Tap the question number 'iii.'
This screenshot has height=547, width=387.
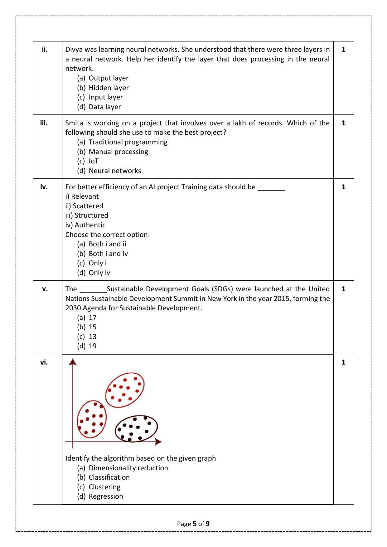click(x=44, y=123)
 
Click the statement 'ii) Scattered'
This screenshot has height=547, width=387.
click(x=84, y=206)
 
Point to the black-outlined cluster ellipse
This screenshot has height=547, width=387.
click(x=136, y=428)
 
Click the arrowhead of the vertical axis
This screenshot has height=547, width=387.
click(x=73, y=362)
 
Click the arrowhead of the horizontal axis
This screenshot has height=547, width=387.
click(x=158, y=442)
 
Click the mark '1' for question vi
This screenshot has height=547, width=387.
click(x=343, y=362)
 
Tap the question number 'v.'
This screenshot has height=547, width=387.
click(x=45, y=288)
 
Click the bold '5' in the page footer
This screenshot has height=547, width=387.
click(x=195, y=524)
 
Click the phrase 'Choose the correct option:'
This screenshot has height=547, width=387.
click(x=107, y=235)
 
